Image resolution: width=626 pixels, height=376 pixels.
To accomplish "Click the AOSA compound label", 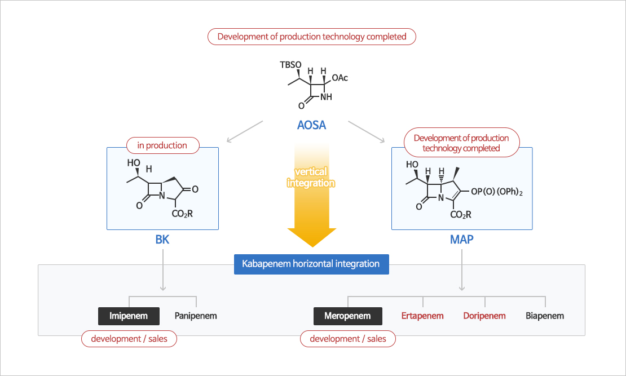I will pos(312,125).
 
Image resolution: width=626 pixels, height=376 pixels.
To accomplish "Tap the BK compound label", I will pos(162,240).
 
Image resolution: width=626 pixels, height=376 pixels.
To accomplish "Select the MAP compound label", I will pos(461,240).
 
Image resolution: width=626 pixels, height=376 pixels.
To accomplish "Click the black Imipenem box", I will pos(129,316).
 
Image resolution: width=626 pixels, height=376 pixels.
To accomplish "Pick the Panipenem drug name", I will pos(196,316).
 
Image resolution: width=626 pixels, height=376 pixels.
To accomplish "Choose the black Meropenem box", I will pos(347,316).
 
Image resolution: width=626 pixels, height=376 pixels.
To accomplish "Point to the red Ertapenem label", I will pos(422,316).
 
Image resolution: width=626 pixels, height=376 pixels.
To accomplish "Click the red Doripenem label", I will pos(484,316).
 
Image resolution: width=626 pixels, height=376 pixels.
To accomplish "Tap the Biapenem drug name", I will pos(545,316).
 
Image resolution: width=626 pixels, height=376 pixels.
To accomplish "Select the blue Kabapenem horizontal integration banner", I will pos(311,264).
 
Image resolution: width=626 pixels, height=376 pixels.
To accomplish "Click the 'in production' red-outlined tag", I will pos(162,145).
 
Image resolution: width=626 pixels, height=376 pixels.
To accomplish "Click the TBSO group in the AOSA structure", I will pos(291,64).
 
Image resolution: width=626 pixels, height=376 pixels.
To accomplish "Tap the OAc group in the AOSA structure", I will pos(340,78).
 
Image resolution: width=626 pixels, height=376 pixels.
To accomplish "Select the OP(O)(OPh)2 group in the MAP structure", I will pos(497,192).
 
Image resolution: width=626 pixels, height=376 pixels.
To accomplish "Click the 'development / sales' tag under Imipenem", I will pos(129,339).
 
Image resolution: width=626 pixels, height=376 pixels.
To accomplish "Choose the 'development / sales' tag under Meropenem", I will pos(348,339).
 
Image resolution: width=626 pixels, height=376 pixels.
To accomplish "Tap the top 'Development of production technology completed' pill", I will pos(312,37).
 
